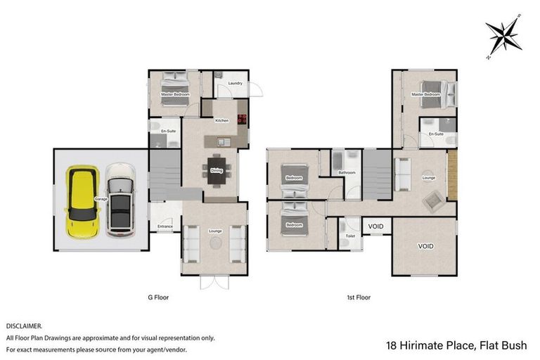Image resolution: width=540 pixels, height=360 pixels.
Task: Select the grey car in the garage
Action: coord(120,200)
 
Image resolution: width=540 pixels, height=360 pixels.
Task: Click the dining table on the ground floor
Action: coord(216,169)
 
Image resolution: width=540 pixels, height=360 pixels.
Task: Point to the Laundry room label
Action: coord(235,84)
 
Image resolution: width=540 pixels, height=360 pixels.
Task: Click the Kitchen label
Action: coord(221,120)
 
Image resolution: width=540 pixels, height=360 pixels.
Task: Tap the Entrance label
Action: coord(165,226)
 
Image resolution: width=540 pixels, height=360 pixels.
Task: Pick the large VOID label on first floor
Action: coord(425,247)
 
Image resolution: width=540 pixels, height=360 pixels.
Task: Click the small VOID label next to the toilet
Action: coord(376,226)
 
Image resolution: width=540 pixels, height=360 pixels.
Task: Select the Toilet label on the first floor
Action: coord(350,236)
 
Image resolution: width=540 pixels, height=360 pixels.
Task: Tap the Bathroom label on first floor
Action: coord(346,172)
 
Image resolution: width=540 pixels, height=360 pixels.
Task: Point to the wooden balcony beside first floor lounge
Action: coord(452,174)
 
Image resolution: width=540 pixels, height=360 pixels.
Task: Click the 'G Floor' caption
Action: coord(158,297)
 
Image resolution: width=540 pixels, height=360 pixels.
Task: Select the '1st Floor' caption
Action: coord(359,297)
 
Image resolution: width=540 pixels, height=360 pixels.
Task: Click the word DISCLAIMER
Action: coord(24,326)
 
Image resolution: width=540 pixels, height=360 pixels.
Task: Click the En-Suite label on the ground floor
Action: coord(168,131)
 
